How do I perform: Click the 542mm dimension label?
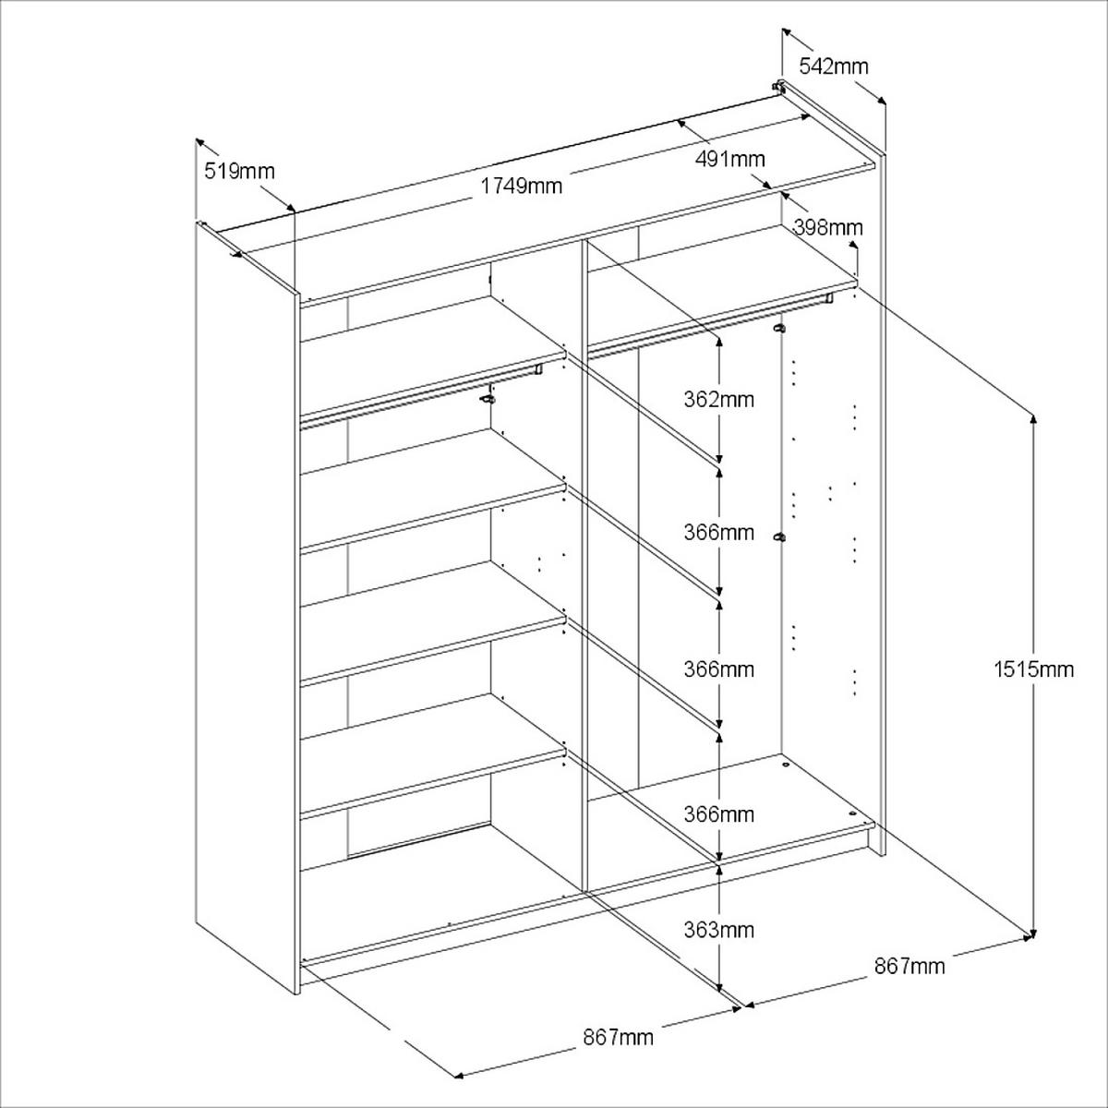833,66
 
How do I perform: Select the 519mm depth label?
239,171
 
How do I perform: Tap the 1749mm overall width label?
522,186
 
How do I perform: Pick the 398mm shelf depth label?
828,227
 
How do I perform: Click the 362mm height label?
718,400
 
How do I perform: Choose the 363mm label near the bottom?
718,930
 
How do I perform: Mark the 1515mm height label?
1034,668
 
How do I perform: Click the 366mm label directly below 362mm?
718,533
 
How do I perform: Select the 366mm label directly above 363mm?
718,814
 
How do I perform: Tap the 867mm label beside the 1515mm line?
909,966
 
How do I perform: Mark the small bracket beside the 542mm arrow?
779,88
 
